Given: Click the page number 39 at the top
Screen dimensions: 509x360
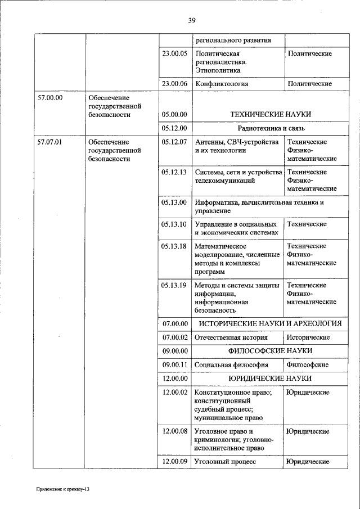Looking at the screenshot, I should [x=191, y=21].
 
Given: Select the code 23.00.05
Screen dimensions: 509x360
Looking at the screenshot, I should [x=174, y=54].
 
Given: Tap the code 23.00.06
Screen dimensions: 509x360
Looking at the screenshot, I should [x=174, y=84].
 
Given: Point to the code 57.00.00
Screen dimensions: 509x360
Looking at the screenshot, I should [x=49, y=97].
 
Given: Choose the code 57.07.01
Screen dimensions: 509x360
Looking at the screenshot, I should [x=49, y=142].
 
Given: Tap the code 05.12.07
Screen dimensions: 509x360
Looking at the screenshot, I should [x=174, y=142].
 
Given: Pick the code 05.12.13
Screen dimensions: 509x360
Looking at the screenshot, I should [x=174, y=172].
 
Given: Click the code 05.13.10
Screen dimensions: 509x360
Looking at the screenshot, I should [x=174, y=224].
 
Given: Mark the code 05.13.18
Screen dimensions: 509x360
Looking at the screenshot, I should [x=174, y=246].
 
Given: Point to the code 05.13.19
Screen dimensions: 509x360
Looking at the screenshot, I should [x=174, y=285].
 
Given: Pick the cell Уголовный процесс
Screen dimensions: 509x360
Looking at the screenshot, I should [x=225, y=462].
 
